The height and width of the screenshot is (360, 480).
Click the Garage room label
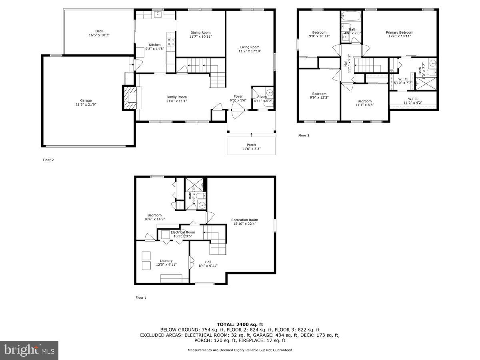coord(86,100)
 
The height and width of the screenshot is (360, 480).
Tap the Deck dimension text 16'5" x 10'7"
coord(99,35)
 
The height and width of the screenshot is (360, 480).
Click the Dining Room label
coord(200,33)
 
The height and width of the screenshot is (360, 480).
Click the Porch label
coord(251,145)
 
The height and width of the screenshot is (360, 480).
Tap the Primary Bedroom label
coord(399,32)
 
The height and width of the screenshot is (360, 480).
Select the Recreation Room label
coord(244,220)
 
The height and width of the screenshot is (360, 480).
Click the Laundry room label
coord(166,261)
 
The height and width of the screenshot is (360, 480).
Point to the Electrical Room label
coord(183,232)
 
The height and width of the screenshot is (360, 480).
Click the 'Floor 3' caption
coord(304,136)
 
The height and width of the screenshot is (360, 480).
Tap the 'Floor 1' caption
coord(141,298)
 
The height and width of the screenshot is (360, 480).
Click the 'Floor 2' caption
coord(48,160)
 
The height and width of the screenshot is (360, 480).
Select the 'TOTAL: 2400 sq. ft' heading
coord(240,324)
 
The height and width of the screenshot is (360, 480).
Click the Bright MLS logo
coord(29,350)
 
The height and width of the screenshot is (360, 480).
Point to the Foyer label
coord(238,96)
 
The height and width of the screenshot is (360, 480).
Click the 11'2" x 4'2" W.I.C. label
coord(413,99)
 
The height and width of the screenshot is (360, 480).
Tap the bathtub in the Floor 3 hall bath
coord(351,17)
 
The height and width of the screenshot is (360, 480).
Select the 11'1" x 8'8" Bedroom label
coord(364,101)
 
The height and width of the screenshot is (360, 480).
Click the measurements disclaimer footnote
coord(240,350)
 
